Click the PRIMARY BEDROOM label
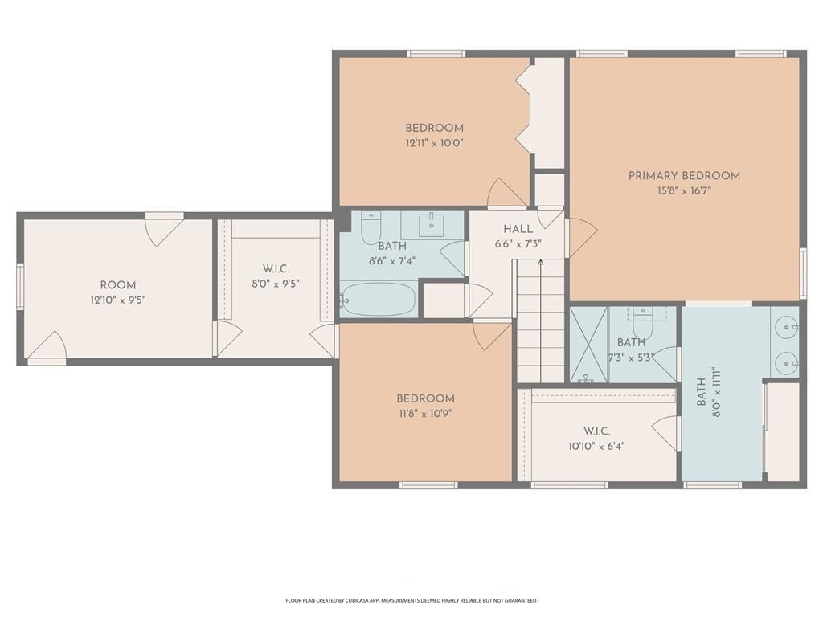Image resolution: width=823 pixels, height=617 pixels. click(x=684, y=176)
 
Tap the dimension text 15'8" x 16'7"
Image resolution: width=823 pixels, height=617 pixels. click(x=684, y=190)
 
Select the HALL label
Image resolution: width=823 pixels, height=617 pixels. click(x=518, y=229)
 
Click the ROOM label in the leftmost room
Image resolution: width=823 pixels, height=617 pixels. click(x=118, y=285)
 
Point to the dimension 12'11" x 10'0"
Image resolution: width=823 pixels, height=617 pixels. click(x=434, y=143)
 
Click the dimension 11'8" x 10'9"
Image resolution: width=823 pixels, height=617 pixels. click(x=425, y=414)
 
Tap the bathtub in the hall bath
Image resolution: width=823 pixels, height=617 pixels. click(x=378, y=300)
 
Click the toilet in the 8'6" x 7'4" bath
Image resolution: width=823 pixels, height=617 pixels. click(x=371, y=229)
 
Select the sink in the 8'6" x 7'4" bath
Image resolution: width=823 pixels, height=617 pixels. click(x=432, y=223)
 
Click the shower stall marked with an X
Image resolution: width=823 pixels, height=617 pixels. click(x=589, y=345)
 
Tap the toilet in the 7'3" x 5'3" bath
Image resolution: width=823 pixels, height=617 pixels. click(x=642, y=323)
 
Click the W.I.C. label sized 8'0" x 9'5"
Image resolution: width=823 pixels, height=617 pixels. click(x=276, y=269)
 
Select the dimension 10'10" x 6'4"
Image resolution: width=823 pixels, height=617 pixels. click(x=596, y=447)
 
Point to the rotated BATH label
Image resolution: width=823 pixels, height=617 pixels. click(x=701, y=392)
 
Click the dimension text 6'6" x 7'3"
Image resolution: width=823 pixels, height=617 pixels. click(x=518, y=244)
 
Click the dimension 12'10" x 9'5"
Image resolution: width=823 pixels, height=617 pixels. click(x=118, y=300)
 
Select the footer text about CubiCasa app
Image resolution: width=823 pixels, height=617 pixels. click(x=411, y=600)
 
